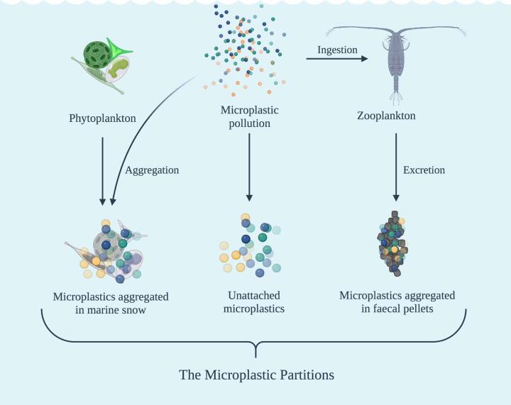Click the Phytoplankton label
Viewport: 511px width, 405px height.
103,116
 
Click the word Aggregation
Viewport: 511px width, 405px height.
152,170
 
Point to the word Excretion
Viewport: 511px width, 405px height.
424,170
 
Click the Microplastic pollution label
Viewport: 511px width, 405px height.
250,117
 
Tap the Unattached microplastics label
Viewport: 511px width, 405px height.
253,302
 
